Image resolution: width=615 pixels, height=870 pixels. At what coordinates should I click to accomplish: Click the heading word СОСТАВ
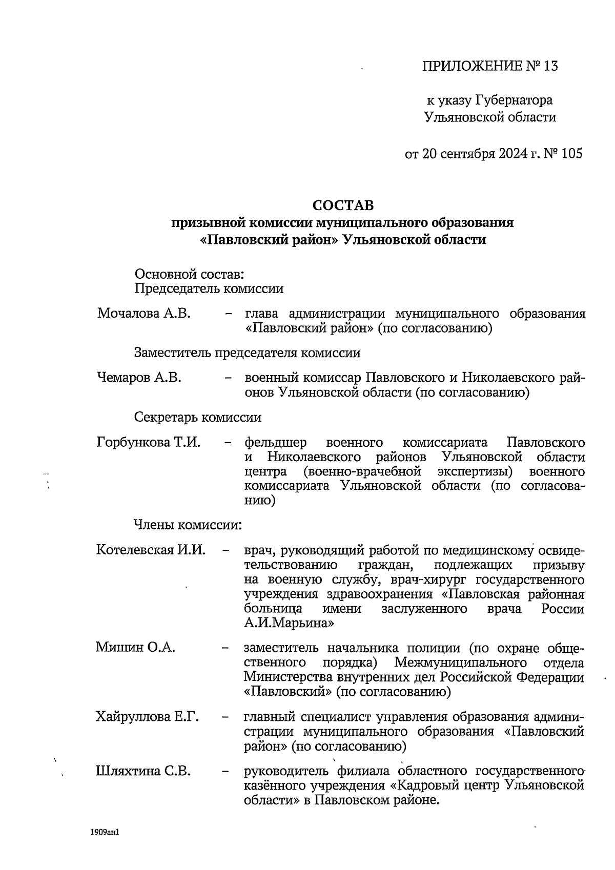(x=343, y=205)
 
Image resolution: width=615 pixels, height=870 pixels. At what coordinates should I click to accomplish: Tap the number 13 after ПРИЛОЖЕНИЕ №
(x=548, y=66)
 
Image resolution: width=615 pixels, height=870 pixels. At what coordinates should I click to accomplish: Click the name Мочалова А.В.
(x=144, y=313)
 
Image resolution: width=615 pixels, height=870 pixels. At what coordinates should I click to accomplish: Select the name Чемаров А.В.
(x=139, y=378)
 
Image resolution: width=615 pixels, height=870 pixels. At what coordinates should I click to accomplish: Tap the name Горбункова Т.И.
(x=148, y=442)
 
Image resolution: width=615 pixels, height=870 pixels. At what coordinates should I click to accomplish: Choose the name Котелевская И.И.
(x=151, y=550)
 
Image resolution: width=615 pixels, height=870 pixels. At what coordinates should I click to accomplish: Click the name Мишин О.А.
(x=135, y=647)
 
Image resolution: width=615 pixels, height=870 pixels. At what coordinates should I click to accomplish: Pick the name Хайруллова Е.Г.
(x=147, y=717)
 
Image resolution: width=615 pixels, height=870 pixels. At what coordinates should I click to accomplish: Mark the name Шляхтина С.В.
(x=143, y=771)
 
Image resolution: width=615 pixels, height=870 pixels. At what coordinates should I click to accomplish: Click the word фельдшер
(x=276, y=442)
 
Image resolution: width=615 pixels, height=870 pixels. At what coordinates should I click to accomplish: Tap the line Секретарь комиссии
(x=198, y=417)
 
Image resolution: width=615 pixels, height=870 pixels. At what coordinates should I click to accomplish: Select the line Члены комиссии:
(x=188, y=525)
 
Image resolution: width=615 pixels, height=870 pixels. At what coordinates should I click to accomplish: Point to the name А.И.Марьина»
(x=290, y=623)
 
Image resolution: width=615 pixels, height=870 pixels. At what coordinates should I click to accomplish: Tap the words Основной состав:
(x=189, y=274)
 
